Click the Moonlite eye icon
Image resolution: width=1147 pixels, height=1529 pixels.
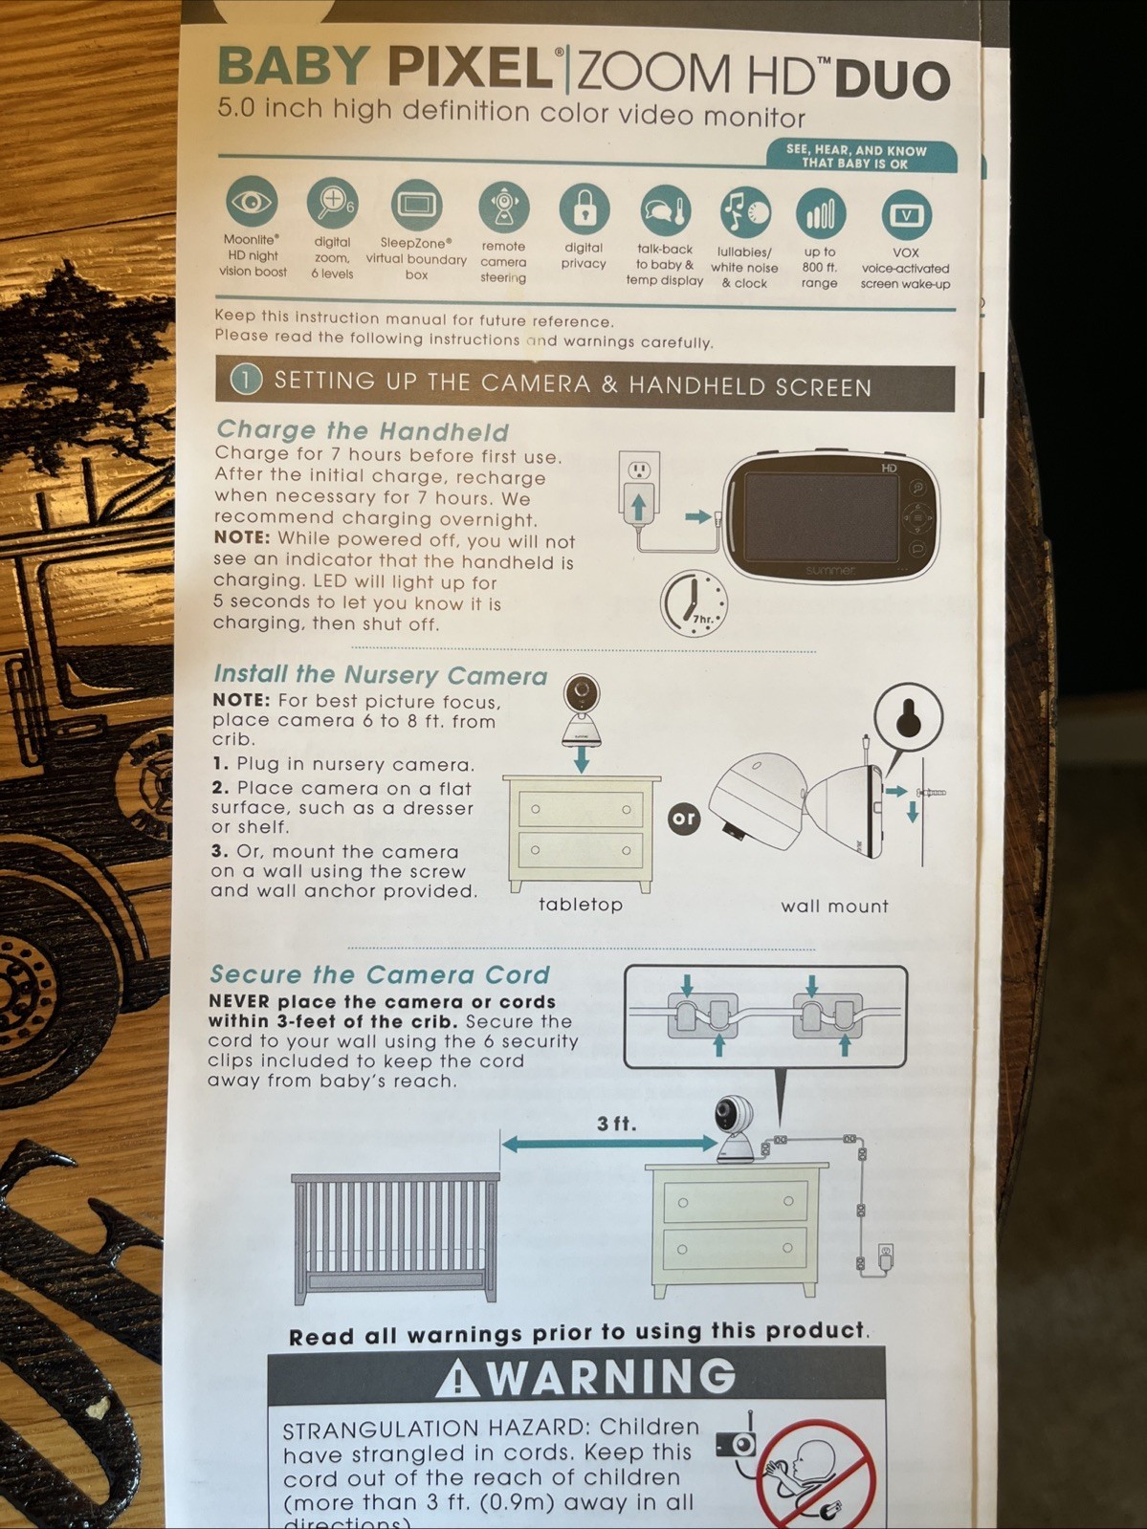[253, 203]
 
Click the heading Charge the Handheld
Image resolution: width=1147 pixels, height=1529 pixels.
[363, 430]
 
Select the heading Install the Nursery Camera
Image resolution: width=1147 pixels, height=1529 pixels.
[381, 674]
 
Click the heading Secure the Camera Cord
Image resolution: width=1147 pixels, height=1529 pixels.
[381, 973]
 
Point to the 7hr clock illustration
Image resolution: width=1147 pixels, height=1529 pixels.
[695, 603]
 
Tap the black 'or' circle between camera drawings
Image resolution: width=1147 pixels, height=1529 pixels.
[684, 819]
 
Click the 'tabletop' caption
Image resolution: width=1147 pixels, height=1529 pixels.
[581, 905]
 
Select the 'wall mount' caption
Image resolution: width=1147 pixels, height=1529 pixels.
[835, 906]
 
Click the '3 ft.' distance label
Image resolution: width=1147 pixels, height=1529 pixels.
[617, 1124]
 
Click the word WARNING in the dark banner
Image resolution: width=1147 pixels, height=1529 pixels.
[610, 1376]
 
